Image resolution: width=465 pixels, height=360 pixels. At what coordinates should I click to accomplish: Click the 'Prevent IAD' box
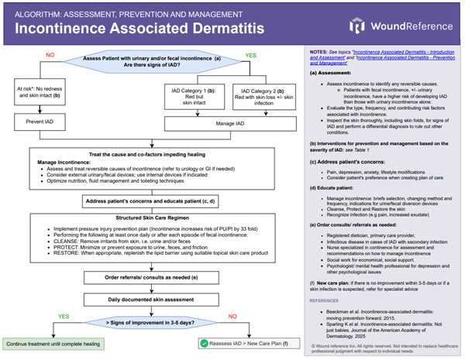click(39, 122)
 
